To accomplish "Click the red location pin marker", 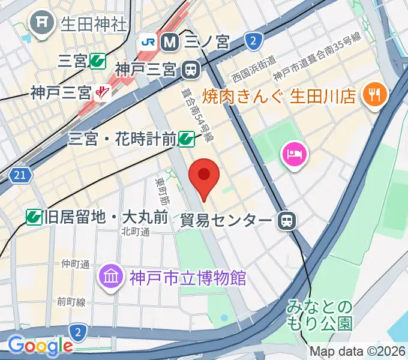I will (204, 176).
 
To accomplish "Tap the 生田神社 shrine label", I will (93, 24).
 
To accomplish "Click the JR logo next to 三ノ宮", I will (148, 42).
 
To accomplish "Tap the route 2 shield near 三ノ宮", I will (254, 41).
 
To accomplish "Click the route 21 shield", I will (20, 175).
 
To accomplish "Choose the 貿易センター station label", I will (226, 220).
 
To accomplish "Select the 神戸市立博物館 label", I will (187, 278).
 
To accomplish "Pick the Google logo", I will (40, 346).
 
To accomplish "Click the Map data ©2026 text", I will (357, 351).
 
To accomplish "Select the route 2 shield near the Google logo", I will (77, 331).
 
